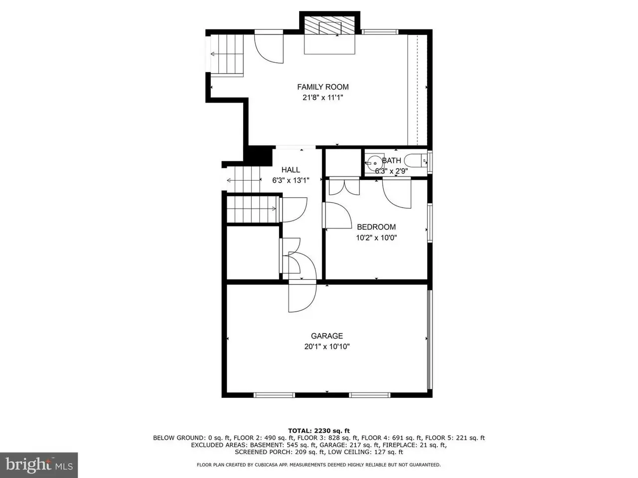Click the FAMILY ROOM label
click(x=322, y=87)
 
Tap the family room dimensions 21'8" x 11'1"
click(x=322, y=98)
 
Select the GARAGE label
click(x=326, y=336)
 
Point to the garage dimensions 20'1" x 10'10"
click(x=326, y=347)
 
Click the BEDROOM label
click(x=376, y=227)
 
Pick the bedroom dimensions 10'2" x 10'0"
click(x=376, y=238)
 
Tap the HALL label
click(x=291, y=170)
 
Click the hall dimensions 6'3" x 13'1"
click(x=291, y=181)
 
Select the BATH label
click(x=391, y=160)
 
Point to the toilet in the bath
click(x=416, y=160)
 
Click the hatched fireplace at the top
click(x=329, y=25)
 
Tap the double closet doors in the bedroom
click(x=344, y=187)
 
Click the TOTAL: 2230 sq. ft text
click(x=319, y=431)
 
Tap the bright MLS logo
click(x=39, y=465)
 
